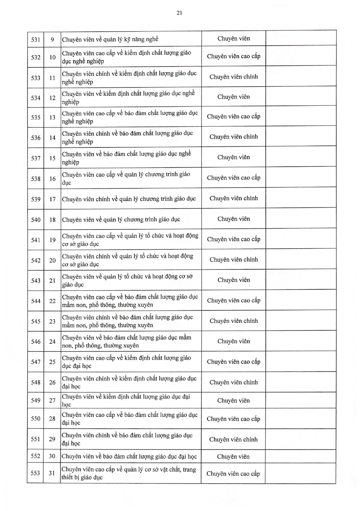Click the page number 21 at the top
tap(179, 13)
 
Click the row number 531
tap(35, 39)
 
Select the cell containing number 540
tap(35, 220)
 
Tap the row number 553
tap(35, 473)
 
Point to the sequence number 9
tap(52, 39)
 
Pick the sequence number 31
tap(52, 473)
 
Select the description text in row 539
tap(129, 199)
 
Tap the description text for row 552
tap(129, 456)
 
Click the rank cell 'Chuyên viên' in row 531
tap(234, 38)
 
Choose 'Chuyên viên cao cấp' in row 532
tap(234, 56)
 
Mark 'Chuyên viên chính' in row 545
tap(234, 321)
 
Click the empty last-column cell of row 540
tap(301, 219)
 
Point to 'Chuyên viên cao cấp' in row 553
tap(233, 473)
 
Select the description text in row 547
tap(126, 362)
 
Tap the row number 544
tap(35, 301)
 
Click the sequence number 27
tap(52, 400)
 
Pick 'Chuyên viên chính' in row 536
tap(234, 137)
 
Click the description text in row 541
tap(130, 240)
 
